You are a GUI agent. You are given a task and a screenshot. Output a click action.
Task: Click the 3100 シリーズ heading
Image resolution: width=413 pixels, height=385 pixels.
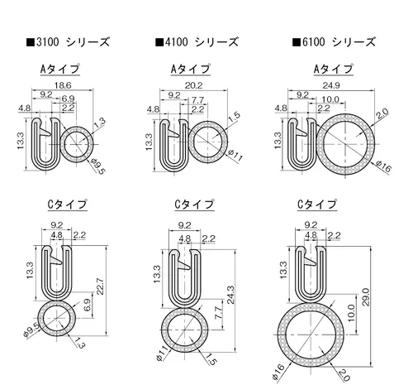[x=68, y=42]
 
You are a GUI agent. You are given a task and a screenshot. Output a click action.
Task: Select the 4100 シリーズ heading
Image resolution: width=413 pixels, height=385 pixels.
[x=197, y=42]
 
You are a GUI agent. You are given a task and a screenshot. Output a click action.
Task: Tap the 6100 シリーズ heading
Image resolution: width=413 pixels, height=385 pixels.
[x=334, y=42]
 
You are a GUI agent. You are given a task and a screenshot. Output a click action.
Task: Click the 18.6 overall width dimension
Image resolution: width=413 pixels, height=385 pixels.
[x=63, y=85]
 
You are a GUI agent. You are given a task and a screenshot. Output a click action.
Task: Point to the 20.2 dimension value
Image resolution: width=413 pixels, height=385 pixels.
[x=193, y=85]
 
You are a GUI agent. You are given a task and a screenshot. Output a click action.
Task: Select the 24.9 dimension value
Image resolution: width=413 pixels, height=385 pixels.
[x=331, y=85]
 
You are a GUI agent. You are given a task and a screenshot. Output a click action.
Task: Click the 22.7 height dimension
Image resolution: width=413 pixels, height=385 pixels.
[x=100, y=286]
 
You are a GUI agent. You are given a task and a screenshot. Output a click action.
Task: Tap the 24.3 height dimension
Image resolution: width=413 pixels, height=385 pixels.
[x=230, y=295]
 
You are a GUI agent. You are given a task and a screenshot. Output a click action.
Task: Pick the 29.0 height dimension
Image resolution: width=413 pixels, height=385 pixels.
[x=366, y=297]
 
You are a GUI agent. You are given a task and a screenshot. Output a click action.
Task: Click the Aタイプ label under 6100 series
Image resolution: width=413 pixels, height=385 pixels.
[x=334, y=69]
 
